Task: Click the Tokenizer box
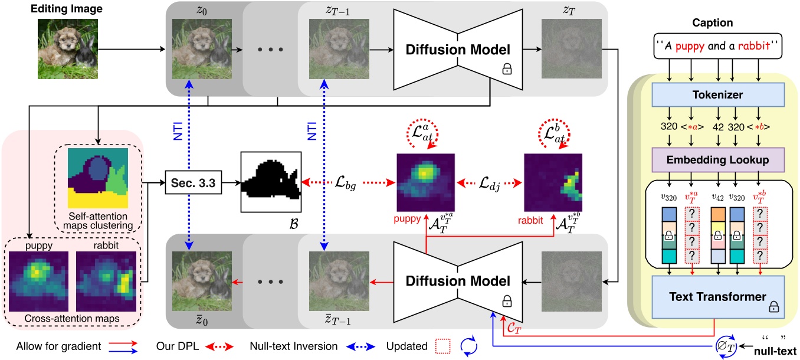coord(716,94)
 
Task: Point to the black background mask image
coord(271,181)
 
